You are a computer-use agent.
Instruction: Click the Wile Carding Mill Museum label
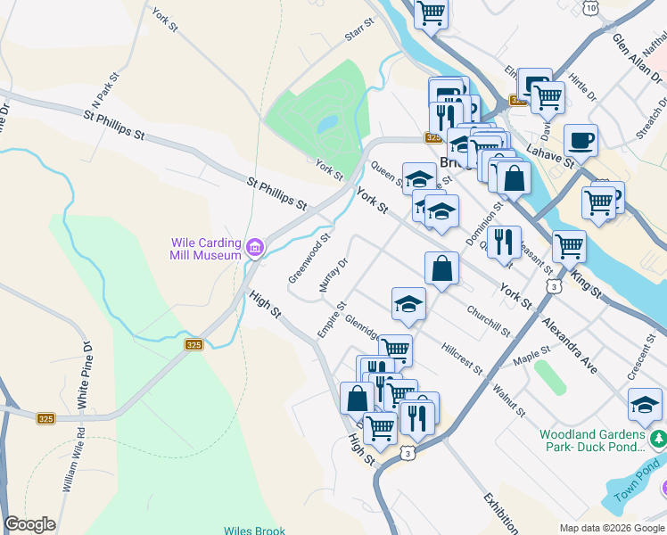coord(205,248)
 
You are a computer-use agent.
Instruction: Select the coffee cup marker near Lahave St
coord(581,140)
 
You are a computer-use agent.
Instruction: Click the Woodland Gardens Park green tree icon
coord(658,438)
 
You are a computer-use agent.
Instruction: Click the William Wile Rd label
coord(73,459)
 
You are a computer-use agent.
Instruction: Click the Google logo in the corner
coord(29,524)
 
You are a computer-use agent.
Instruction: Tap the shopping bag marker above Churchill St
coord(442,267)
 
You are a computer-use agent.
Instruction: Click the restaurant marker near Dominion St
coord(504,241)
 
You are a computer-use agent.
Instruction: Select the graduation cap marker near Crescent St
coord(645,405)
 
